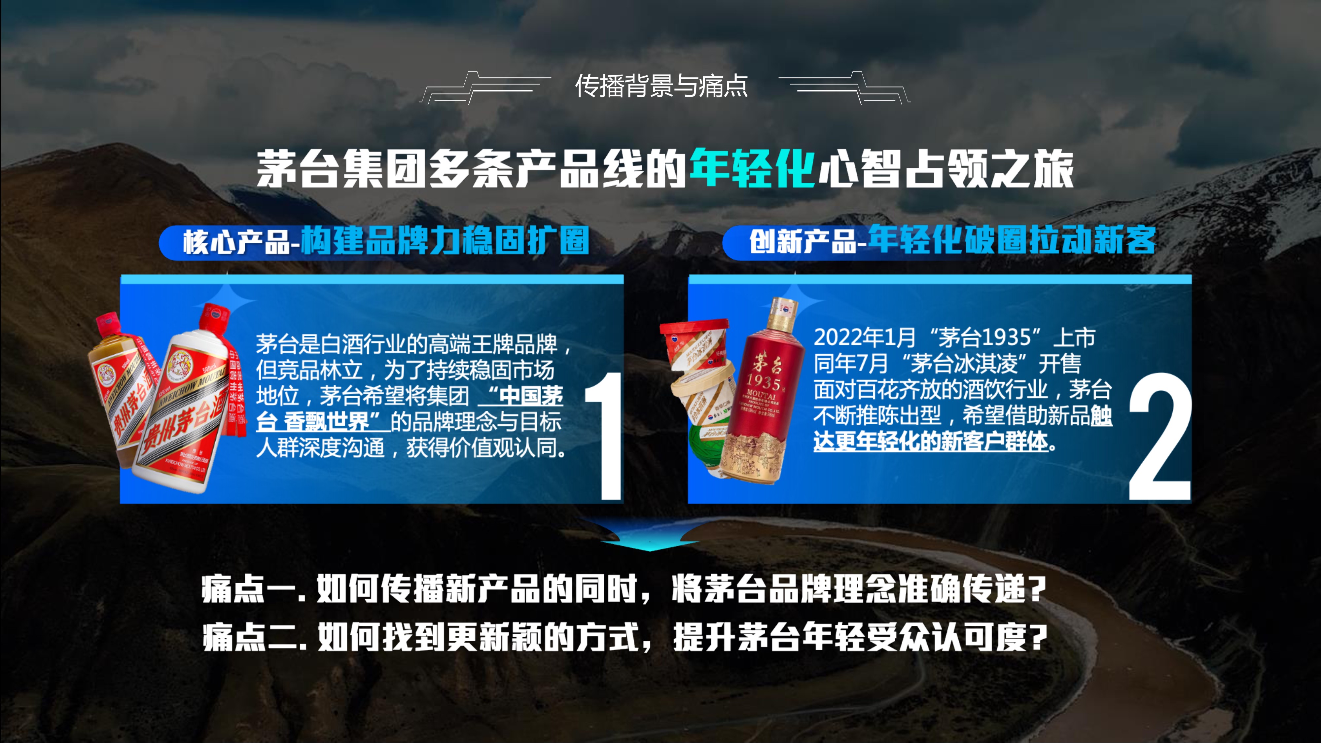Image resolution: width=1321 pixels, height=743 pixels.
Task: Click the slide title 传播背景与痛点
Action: point(661,86)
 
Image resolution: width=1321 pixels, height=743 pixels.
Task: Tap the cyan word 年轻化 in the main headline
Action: point(752,168)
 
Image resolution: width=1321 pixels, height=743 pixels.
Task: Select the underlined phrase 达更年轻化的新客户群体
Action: point(930,442)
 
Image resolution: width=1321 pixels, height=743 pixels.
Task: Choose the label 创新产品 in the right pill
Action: point(802,241)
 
